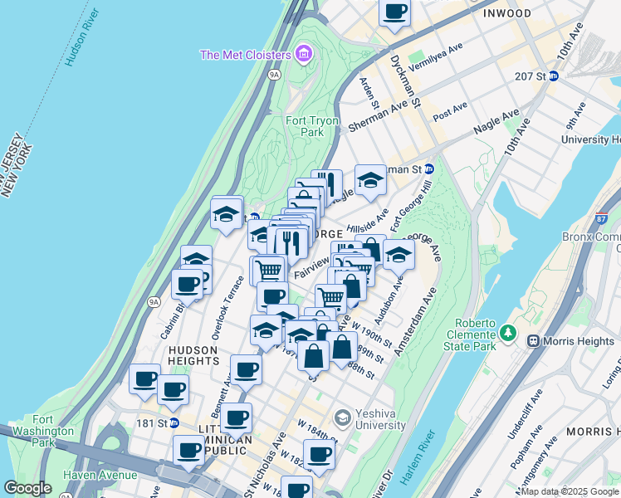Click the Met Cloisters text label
tap(245, 56)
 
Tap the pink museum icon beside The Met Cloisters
tap(304, 56)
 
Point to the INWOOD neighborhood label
tap(507, 14)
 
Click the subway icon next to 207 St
tap(554, 76)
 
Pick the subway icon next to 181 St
tap(174, 422)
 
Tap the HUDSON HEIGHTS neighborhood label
tap(193, 356)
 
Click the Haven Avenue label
tap(103, 475)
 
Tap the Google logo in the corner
tap(27, 487)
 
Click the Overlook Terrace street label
tap(222, 313)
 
